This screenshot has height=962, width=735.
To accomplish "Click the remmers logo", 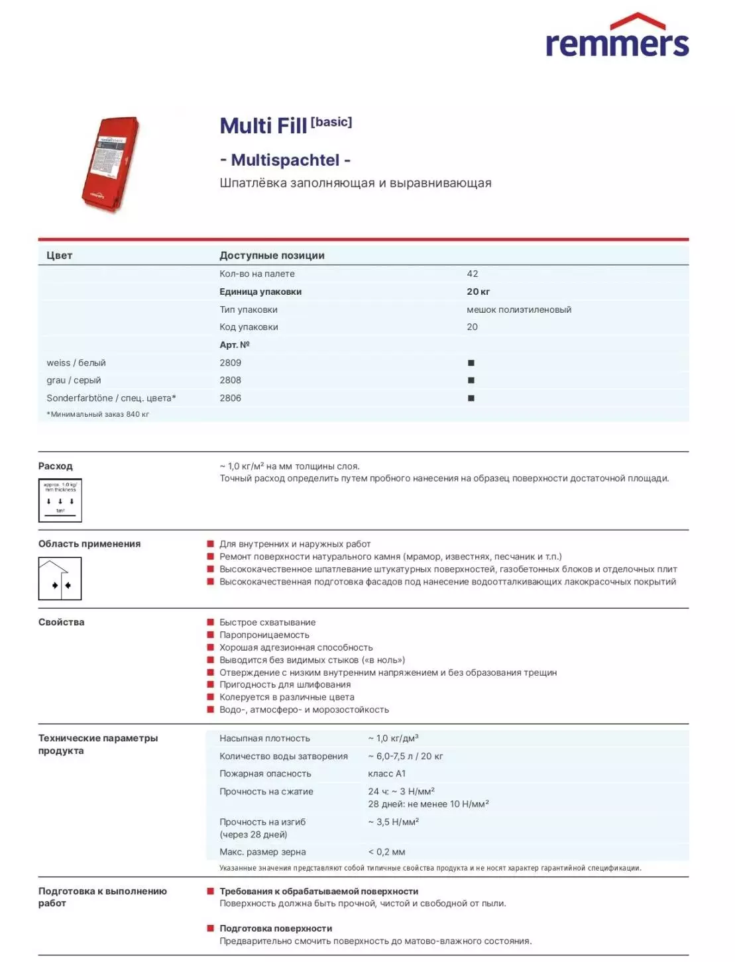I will (x=616, y=36).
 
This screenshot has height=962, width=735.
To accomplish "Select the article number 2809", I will (x=231, y=362).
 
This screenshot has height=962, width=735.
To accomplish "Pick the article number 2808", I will (x=231, y=380).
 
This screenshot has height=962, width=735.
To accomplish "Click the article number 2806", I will (x=231, y=398).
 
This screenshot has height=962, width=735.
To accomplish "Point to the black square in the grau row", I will (x=471, y=380).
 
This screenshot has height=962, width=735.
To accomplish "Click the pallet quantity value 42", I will (x=473, y=274).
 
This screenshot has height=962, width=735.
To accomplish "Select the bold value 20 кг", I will (x=478, y=292).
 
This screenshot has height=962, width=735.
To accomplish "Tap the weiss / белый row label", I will (x=76, y=362).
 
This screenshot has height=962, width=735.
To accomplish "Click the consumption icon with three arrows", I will (x=60, y=500).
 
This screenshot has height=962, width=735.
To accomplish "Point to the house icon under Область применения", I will (x=60, y=578).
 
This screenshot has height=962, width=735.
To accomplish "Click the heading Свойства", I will (x=61, y=622).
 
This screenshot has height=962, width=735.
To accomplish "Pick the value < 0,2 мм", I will (x=386, y=852).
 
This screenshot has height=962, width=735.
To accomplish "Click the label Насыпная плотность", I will (x=264, y=738).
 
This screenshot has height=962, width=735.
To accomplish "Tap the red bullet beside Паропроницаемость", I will (x=211, y=635).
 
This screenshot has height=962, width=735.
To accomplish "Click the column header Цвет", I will (x=59, y=255).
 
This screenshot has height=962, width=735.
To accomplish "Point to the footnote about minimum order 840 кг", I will (x=97, y=414).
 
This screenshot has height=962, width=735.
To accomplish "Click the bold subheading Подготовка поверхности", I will (x=276, y=928).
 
